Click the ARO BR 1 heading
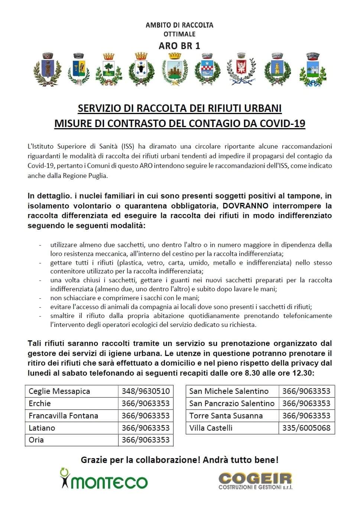(x=179, y=46)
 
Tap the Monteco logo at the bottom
(x=104, y=479)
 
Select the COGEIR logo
(x=255, y=481)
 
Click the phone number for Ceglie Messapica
(x=146, y=391)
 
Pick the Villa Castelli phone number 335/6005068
(x=306, y=428)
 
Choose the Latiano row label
(x=42, y=428)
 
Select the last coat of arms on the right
(x=312, y=69)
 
